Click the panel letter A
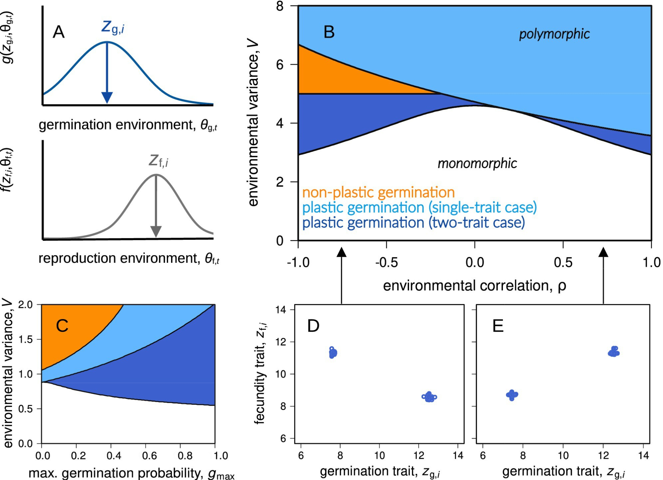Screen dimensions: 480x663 click(x=59, y=32)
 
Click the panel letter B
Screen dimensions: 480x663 click(x=329, y=32)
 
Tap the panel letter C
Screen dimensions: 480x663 click(x=62, y=326)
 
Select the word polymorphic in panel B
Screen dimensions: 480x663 click(x=554, y=34)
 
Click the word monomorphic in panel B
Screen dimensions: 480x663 click(x=477, y=163)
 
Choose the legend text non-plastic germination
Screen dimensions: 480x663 click(x=378, y=192)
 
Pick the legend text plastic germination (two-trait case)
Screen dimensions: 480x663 click(x=413, y=222)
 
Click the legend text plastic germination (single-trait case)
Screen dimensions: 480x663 click(x=419, y=207)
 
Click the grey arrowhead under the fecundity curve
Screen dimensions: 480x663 click(x=156, y=231)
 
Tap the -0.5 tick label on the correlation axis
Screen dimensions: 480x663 click(x=387, y=263)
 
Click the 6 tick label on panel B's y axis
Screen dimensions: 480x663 click(x=280, y=65)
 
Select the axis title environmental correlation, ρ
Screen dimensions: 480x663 click(x=474, y=286)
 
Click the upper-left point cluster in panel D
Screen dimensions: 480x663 click(x=333, y=353)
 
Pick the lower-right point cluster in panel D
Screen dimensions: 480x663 click(x=429, y=397)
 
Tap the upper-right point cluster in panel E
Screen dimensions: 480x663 click(x=614, y=352)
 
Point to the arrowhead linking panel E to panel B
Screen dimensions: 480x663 click(x=603, y=252)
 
